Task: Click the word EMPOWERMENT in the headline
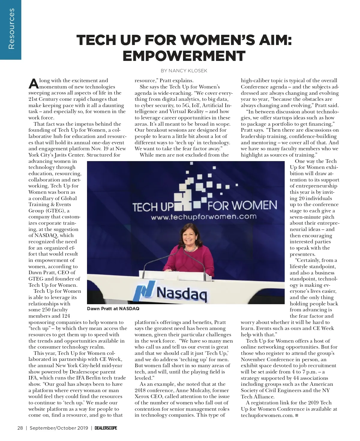(x=184, y=55)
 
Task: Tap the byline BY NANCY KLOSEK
(x=184, y=71)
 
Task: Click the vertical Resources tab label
(x=11, y=29)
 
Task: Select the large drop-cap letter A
(x=33, y=84)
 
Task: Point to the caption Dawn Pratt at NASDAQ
(x=113, y=308)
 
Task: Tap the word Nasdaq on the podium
(x=181, y=293)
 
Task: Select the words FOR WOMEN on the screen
(x=242, y=205)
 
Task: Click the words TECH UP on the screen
(x=153, y=207)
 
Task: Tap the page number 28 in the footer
(x=20, y=428)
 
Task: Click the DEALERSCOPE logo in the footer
(x=106, y=428)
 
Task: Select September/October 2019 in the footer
(x=59, y=428)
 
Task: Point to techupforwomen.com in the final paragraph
(x=267, y=415)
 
